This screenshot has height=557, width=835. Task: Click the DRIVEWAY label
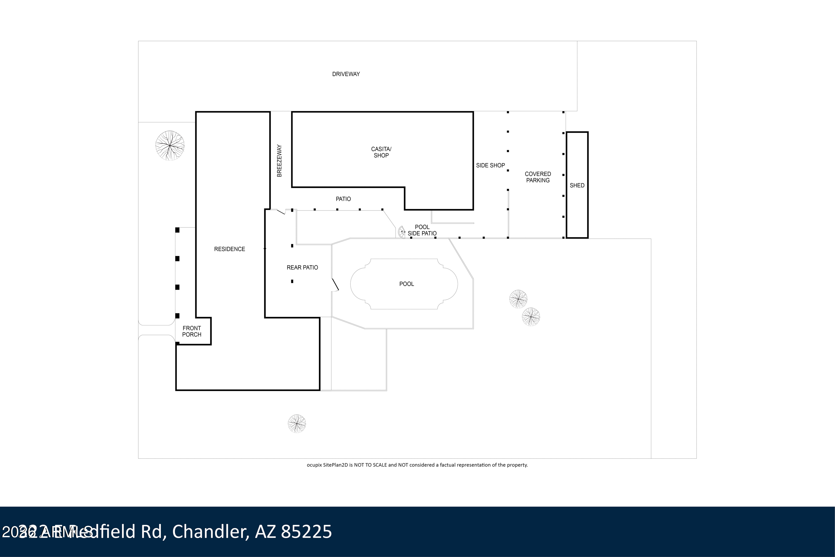click(346, 74)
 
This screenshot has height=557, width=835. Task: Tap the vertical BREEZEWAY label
click(279, 160)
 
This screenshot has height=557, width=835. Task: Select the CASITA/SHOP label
click(381, 152)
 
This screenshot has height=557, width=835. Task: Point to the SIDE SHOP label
click(490, 165)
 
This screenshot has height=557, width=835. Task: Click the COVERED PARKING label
click(537, 177)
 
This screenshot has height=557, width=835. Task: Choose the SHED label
click(577, 185)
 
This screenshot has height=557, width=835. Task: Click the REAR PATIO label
click(302, 267)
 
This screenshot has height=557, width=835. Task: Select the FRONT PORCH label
click(191, 331)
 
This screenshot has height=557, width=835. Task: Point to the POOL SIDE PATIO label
click(422, 230)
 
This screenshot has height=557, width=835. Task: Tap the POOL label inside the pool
click(406, 284)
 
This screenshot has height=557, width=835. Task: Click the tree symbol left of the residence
click(170, 145)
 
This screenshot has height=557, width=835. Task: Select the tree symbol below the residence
click(297, 423)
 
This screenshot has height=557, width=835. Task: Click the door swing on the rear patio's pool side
click(335, 285)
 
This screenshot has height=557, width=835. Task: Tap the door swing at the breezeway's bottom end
click(281, 212)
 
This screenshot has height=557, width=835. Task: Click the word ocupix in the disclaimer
click(314, 465)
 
